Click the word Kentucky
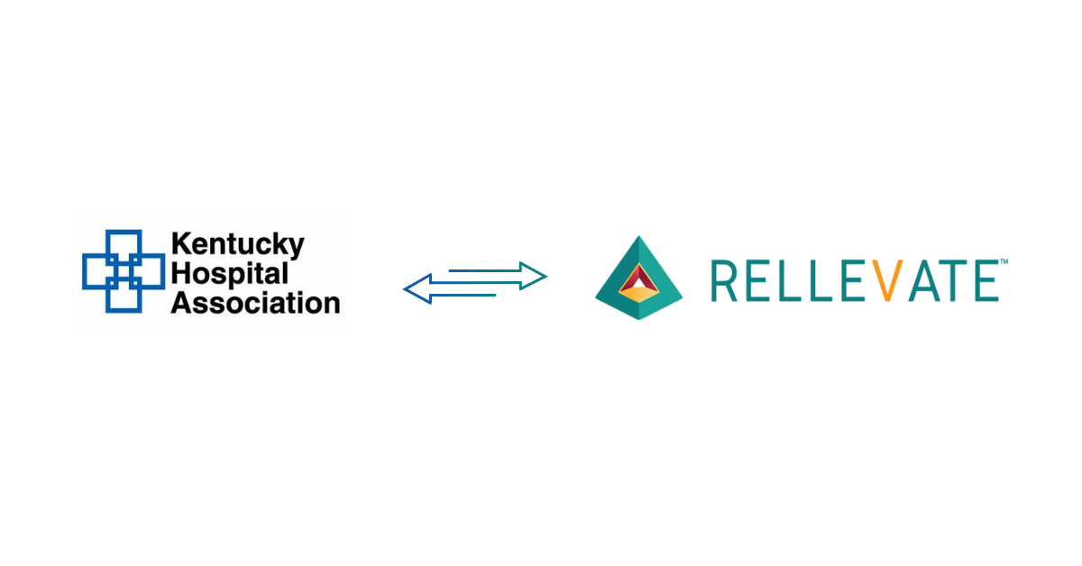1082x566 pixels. tap(238, 245)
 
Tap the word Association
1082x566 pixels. tap(255, 302)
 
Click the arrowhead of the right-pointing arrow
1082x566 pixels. tap(536, 275)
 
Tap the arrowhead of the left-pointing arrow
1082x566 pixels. tap(415, 289)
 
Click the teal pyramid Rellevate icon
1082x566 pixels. tap(638, 278)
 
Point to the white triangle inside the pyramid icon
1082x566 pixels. tap(638, 288)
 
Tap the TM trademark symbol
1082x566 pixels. tap(1004, 261)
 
